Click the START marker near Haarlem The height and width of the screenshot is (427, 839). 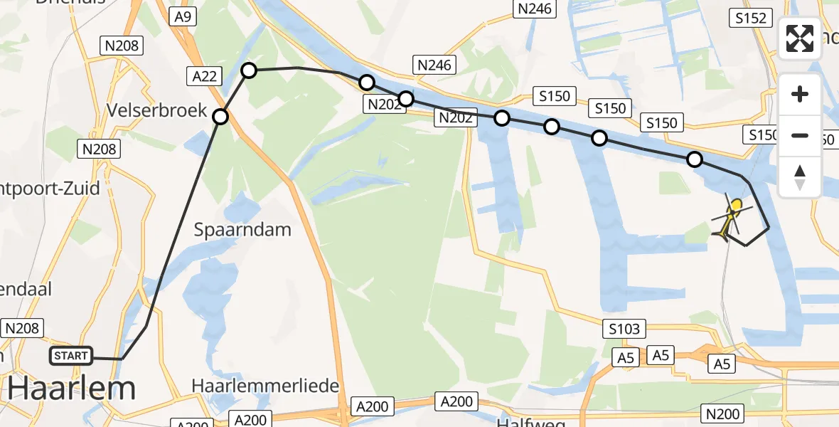(x=71, y=355)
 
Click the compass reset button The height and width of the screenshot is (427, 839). (x=800, y=176)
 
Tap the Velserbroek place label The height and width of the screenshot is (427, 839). (x=158, y=110)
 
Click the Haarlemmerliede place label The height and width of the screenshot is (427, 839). (x=264, y=385)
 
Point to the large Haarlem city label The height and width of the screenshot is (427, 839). (x=72, y=389)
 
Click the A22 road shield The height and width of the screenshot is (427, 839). (x=203, y=75)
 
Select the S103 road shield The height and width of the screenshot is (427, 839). (x=624, y=328)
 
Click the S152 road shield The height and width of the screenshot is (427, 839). (x=751, y=18)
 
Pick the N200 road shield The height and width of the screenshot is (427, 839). (x=722, y=413)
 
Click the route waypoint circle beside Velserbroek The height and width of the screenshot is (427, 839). (x=220, y=117)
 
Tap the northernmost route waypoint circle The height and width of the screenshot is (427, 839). (x=249, y=70)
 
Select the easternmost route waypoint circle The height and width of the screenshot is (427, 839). (x=695, y=160)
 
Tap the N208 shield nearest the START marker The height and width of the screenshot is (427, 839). (x=23, y=327)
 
